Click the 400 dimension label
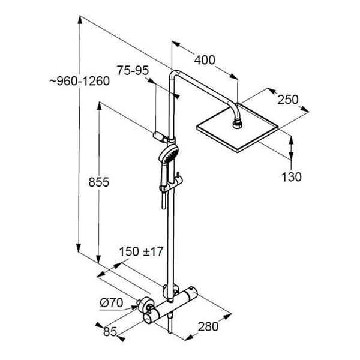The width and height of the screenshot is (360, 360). tap(205, 60)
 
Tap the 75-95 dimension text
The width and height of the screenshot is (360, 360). tap(133, 70)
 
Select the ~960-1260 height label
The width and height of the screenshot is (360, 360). tap(79, 81)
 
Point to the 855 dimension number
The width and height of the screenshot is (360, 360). tap(99, 182)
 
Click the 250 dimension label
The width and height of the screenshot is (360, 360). tap(288, 100)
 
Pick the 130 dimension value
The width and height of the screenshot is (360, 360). tap(292, 177)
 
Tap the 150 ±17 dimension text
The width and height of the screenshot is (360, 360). tap(141, 251)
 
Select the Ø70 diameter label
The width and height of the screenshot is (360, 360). tap(111, 303)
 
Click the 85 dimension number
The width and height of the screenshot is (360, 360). tap(110, 331)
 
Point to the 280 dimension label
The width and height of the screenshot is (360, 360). tap(208, 326)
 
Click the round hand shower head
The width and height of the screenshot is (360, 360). tap(169, 154)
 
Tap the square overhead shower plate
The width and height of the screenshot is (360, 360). tap(238, 128)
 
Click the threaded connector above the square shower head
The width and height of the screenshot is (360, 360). tap(236, 124)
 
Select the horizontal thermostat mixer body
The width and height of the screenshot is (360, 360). tap(170, 304)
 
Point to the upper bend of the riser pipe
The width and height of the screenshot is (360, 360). tap(174, 74)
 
